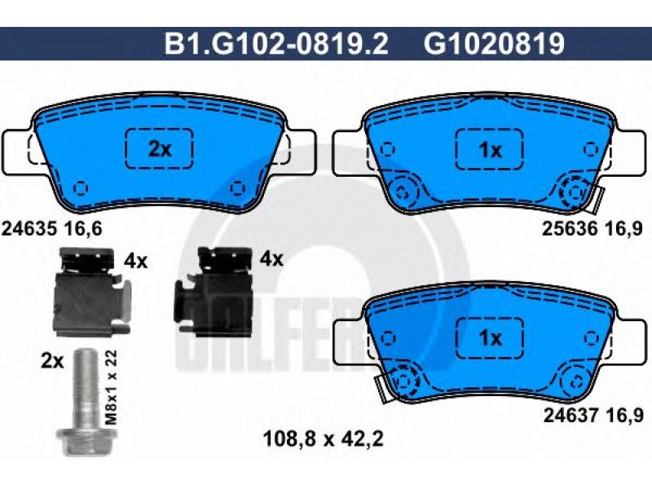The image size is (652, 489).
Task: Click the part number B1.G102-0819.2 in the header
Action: tap(276, 44)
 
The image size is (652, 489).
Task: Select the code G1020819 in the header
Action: tap(495, 44)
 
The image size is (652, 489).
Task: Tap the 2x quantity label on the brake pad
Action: tap(160, 149)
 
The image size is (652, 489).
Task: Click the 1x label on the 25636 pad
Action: tap(491, 150)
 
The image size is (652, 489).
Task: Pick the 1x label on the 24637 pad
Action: tap(491, 338)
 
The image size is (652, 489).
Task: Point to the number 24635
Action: tap(29, 228)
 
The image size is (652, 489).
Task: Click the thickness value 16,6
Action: tap(82, 228)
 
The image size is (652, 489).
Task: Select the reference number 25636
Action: tap(569, 228)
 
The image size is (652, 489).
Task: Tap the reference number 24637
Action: tap(571, 416)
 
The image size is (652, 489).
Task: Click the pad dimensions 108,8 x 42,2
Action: tap(323, 438)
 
